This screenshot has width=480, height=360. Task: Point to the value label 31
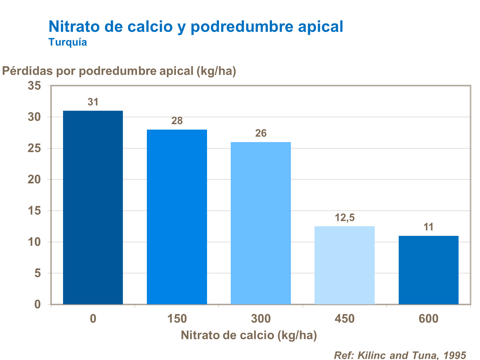pos(93,102)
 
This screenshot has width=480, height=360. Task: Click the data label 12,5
pos(345,218)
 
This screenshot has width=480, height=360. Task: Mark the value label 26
pos(261,133)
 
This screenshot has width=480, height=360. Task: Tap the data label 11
pos(428,227)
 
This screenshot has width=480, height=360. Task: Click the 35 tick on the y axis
pos(34,86)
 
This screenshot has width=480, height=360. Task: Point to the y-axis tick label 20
pos(34,180)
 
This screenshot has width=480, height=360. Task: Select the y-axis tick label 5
pos(38,273)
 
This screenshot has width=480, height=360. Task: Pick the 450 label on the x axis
pos(345,319)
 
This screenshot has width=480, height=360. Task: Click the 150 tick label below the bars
pos(177,319)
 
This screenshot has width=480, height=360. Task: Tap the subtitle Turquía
pos(68,42)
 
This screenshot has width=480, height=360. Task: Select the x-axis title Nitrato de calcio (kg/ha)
pos(249,335)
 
